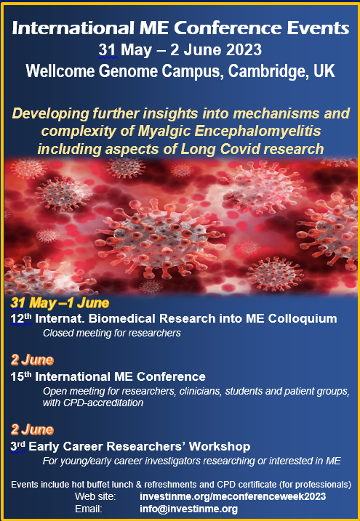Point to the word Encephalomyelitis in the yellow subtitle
tap(258, 132)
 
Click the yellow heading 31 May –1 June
tap(60, 303)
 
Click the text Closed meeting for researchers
tap(112, 333)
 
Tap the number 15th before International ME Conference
tap(21, 376)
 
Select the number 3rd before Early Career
tap(18, 446)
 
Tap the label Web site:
tap(95, 497)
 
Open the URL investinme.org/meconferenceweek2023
tap(233, 497)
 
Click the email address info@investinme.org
tap(189, 509)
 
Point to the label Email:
tap(89, 509)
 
